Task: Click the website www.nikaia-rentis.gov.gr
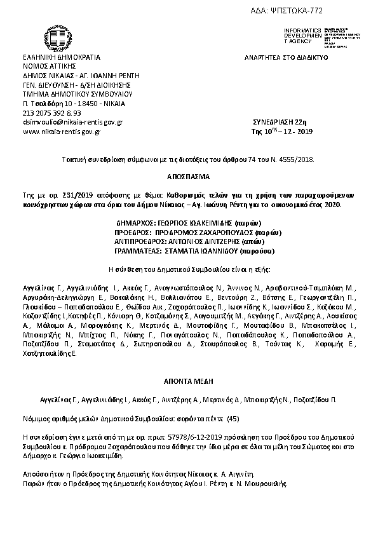(62, 132)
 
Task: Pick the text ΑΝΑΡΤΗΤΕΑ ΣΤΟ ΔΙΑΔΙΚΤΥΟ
(285, 57)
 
